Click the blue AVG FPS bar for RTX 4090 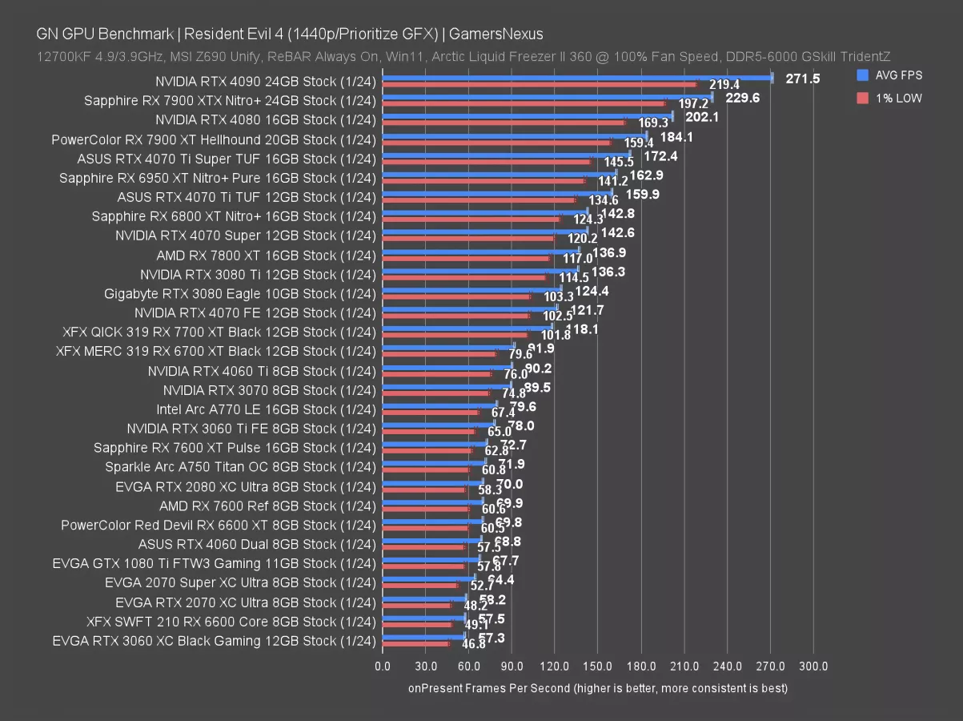[576, 78]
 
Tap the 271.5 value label [803, 79]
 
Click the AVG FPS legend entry [889, 75]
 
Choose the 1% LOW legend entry [889, 98]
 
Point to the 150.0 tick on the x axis [598, 667]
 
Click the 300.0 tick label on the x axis [813, 667]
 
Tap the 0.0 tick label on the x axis [383, 667]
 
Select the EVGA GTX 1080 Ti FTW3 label [214, 563]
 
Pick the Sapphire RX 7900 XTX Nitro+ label [230, 101]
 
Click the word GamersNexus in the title [496, 34]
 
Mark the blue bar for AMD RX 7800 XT [480, 252]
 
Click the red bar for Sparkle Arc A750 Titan [425, 470]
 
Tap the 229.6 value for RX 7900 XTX [742, 98]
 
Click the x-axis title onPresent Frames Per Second [597, 687]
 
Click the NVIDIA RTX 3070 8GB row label [269, 390]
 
